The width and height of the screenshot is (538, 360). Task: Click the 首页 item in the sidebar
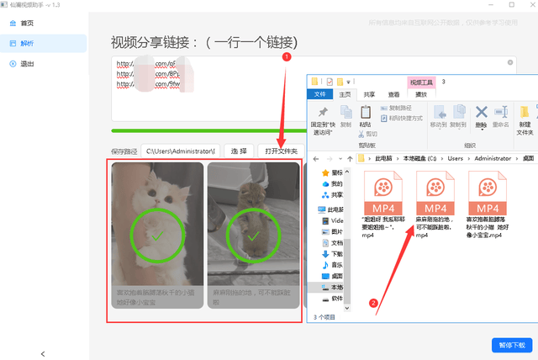[x=28, y=23]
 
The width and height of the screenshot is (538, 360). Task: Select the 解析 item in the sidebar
[x=28, y=43]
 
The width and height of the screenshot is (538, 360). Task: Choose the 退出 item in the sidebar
[x=28, y=63]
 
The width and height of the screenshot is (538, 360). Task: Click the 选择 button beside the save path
[x=239, y=151]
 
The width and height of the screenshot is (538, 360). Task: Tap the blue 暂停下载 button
[x=511, y=345]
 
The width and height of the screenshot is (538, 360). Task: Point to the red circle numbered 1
[x=286, y=57]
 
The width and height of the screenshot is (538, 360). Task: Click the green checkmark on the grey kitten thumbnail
[x=253, y=236]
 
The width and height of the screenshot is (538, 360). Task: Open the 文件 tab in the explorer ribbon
[x=320, y=95]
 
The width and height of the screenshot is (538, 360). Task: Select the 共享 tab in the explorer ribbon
[x=369, y=95]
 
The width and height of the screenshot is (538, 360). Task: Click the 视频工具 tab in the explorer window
[x=425, y=82]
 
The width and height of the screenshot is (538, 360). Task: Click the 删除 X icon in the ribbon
[x=482, y=113]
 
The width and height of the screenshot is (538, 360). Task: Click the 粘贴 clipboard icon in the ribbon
[x=366, y=114]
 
